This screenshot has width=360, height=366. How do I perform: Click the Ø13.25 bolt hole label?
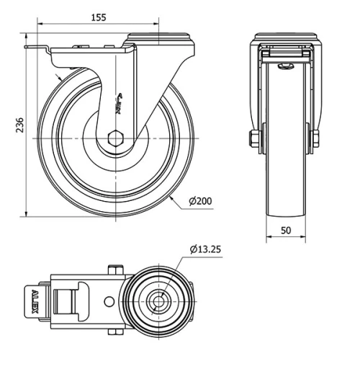tap(206, 249)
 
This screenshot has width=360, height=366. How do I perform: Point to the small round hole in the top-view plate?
tap(107, 300)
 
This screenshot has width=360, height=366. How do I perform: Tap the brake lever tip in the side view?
tap(30, 49)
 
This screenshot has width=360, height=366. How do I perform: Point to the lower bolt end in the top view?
tap(114, 331)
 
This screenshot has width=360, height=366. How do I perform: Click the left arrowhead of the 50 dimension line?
tap(269, 238)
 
